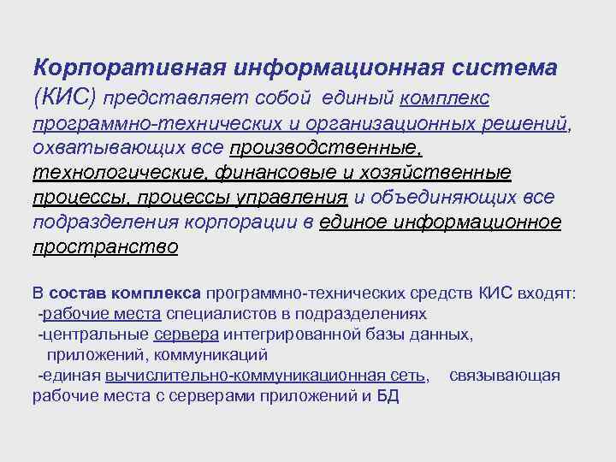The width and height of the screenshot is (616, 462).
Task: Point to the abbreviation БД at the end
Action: tap(388, 396)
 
